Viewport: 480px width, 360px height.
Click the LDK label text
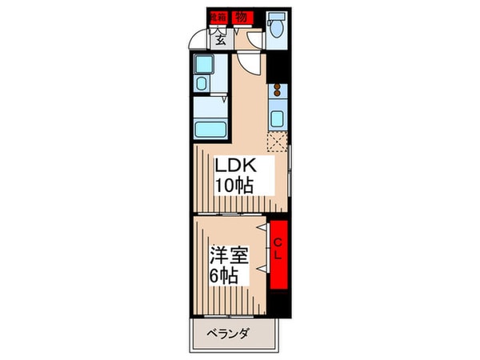point(234,166)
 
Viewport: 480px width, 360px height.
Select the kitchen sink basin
point(278,119)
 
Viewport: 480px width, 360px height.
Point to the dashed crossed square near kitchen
point(278,144)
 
